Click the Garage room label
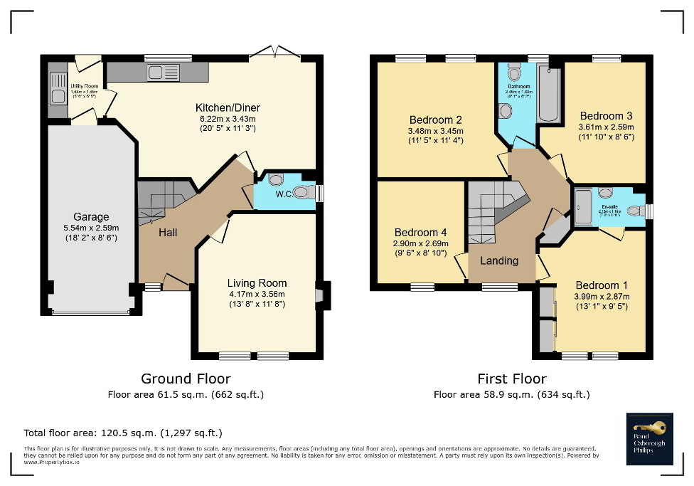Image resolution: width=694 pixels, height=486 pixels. coord(91,217)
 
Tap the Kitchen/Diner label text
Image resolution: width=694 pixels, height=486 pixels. coord(223,108)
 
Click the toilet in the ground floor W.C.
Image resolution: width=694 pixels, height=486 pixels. coord(302,192)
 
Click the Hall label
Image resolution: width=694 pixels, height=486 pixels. coord(168,233)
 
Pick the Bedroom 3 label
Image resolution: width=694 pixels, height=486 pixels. coord(606,115)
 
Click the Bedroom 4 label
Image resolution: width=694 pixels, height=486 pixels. coord(420,233)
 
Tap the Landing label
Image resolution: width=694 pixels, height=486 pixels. coord(499,260)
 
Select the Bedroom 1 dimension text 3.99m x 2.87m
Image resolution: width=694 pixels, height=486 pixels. coord(602,297)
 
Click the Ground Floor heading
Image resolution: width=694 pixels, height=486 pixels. coord(186,379)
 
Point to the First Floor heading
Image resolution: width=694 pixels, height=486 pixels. coord(511,379)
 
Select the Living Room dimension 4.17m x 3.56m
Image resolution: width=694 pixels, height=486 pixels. coord(256,294)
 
